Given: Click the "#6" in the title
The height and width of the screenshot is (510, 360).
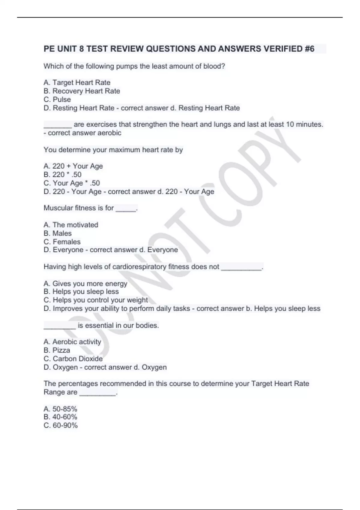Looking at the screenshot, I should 309,49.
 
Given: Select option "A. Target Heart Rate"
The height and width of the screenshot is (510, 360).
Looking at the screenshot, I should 77,82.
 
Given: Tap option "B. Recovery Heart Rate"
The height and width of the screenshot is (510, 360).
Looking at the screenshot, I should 82,91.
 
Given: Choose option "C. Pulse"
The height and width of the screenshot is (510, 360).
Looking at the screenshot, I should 57,99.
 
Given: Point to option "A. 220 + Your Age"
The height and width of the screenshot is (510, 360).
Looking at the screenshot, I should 73,166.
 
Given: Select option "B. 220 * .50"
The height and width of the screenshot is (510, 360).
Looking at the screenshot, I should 62,175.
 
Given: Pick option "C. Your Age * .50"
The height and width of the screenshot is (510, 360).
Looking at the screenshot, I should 72,183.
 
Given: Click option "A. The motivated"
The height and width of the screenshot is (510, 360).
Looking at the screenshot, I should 71,225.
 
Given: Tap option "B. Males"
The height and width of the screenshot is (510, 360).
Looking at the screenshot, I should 58,233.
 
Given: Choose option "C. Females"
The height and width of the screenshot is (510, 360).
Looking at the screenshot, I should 62,241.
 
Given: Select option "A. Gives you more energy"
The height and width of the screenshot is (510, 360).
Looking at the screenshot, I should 85,283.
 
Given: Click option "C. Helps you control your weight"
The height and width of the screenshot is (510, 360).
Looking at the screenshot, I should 96,300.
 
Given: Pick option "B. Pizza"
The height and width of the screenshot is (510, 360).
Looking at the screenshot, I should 57,350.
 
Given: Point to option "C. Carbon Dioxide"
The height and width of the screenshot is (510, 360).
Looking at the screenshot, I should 73,358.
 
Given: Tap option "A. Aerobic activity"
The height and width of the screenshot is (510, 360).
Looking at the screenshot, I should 72,342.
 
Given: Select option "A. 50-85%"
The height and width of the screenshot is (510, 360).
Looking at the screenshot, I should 60,409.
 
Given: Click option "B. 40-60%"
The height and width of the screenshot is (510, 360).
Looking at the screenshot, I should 60,417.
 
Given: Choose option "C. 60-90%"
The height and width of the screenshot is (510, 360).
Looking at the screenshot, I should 61,425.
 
